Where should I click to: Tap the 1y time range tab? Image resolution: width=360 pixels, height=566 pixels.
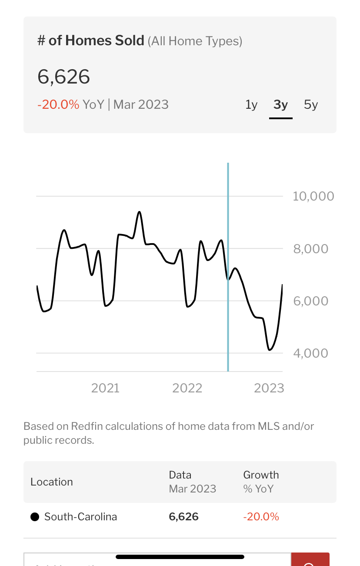251,105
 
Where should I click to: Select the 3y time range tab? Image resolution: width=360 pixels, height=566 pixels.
280,105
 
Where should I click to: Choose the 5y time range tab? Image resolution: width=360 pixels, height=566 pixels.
311,105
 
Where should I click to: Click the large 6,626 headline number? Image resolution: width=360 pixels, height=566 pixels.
64,77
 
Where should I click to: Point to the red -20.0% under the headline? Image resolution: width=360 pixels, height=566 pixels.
58,104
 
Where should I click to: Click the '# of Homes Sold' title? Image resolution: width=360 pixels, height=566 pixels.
91,41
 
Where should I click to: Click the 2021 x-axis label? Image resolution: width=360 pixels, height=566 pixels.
105,388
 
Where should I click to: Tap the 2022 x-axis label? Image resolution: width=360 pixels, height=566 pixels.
187,388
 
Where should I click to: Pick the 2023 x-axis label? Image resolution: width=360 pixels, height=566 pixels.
269,388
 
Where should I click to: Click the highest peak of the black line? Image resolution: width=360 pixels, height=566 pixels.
139,212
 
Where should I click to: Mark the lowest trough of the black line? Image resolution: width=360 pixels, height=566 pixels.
270,350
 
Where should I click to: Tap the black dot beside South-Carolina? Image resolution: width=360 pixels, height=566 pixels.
34,517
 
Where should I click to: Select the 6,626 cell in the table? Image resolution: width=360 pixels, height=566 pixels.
183,517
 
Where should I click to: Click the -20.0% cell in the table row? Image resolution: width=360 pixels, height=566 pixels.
261,517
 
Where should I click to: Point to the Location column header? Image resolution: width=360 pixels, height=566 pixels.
52,482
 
